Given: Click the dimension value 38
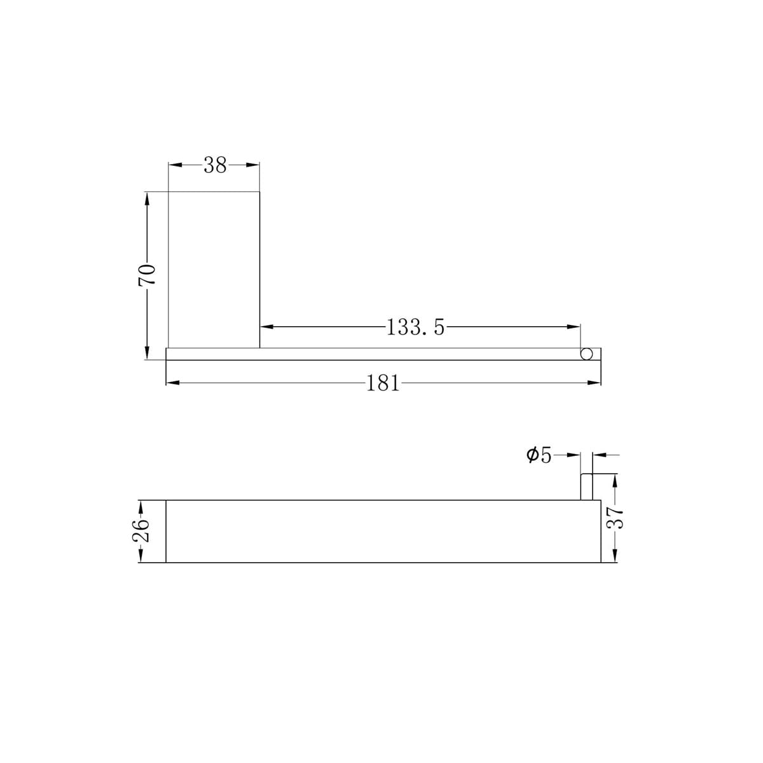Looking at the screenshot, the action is click(215, 165).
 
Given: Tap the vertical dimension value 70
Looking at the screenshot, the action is click(147, 275).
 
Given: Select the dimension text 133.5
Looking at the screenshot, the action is click(415, 327).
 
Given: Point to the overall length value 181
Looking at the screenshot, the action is click(383, 383).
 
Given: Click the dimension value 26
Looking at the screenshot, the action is click(141, 530).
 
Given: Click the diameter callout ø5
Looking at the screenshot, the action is click(539, 455).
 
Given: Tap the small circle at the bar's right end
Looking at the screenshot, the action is click(587, 354).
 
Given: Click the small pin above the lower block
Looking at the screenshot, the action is click(587, 486).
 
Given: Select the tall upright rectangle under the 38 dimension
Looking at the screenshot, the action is click(214, 270).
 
